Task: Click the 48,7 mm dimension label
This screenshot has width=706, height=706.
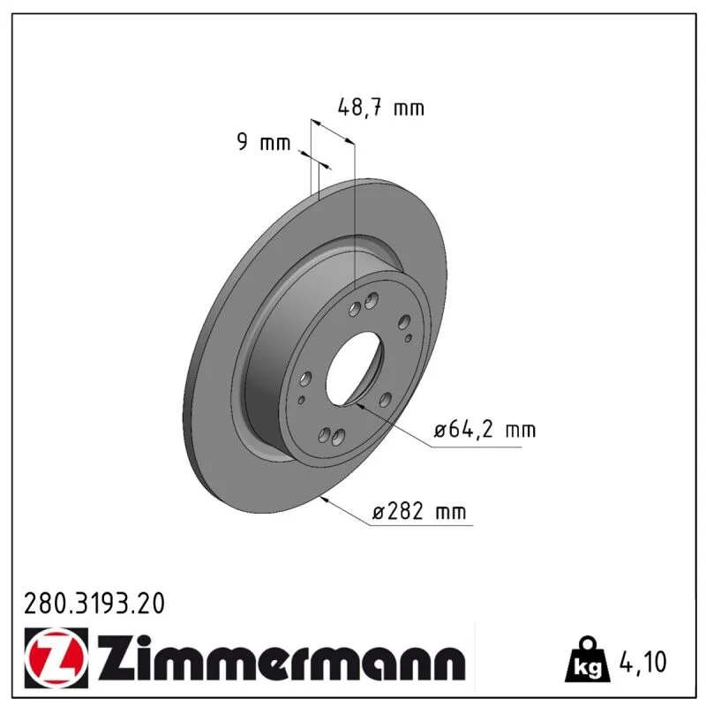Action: (x=380, y=108)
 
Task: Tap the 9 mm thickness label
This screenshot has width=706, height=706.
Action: (x=263, y=142)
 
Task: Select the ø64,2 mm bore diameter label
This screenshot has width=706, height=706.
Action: (x=484, y=430)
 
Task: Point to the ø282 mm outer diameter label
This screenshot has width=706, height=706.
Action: (x=419, y=512)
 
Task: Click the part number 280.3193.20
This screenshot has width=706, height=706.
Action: (x=94, y=604)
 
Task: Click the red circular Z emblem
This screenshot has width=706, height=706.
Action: (x=56, y=657)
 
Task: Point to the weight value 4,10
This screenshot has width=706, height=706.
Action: (x=643, y=662)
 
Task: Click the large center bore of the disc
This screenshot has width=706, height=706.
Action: (x=354, y=368)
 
